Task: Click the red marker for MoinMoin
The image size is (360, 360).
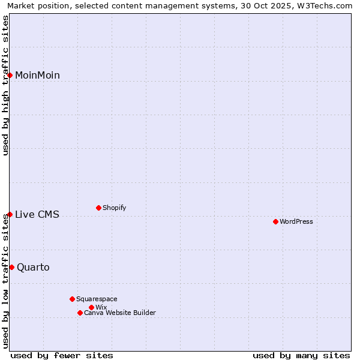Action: [10, 75]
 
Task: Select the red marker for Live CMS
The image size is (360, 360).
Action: [10, 214]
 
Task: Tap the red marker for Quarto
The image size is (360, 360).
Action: [11, 267]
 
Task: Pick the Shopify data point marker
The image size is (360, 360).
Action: [98, 208]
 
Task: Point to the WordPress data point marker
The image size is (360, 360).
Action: [275, 221]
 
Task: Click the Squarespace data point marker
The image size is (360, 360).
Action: [72, 299]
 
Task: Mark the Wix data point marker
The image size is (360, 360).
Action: [91, 307]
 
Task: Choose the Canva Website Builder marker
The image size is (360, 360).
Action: [80, 313]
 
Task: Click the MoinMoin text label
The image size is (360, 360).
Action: [37, 75]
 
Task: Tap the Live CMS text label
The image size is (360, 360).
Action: [37, 214]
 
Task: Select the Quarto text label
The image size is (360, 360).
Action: [33, 267]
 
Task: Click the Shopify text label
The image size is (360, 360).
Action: [114, 208]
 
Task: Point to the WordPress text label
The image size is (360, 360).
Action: [296, 221]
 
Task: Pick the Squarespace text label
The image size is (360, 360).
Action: [97, 299]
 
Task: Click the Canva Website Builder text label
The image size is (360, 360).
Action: [120, 313]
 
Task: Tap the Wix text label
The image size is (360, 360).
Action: [101, 307]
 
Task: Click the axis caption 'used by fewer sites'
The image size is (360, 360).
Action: [62, 355]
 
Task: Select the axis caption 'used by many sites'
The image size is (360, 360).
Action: [301, 355]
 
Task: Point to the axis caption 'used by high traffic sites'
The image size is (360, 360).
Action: [5, 85]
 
